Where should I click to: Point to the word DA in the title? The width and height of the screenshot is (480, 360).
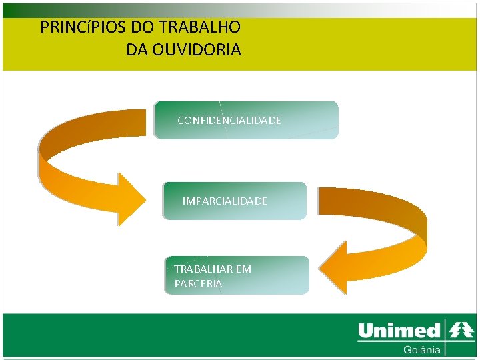pyautogui.click(x=136, y=49)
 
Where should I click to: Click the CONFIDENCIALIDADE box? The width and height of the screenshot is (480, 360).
pyautogui.click(x=246, y=120)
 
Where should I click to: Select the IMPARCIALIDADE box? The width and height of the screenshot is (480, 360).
pyautogui.click(x=235, y=201)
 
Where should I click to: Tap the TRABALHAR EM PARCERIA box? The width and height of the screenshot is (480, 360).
pyautogui.click(x=237, y=275)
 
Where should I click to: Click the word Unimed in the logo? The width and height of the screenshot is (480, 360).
pyautogui.click(x=399, y=331)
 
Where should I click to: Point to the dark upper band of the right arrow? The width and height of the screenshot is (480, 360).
pyautogui.click(x=373, y=203)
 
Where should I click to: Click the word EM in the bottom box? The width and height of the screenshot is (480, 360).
pyautogui.click(x=244, y=269)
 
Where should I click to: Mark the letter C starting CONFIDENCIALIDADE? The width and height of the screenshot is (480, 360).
pyautogui.click(x=181, y=121)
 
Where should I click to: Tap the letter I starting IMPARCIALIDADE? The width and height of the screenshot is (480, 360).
pyautogui.click(x=184, y=201)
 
